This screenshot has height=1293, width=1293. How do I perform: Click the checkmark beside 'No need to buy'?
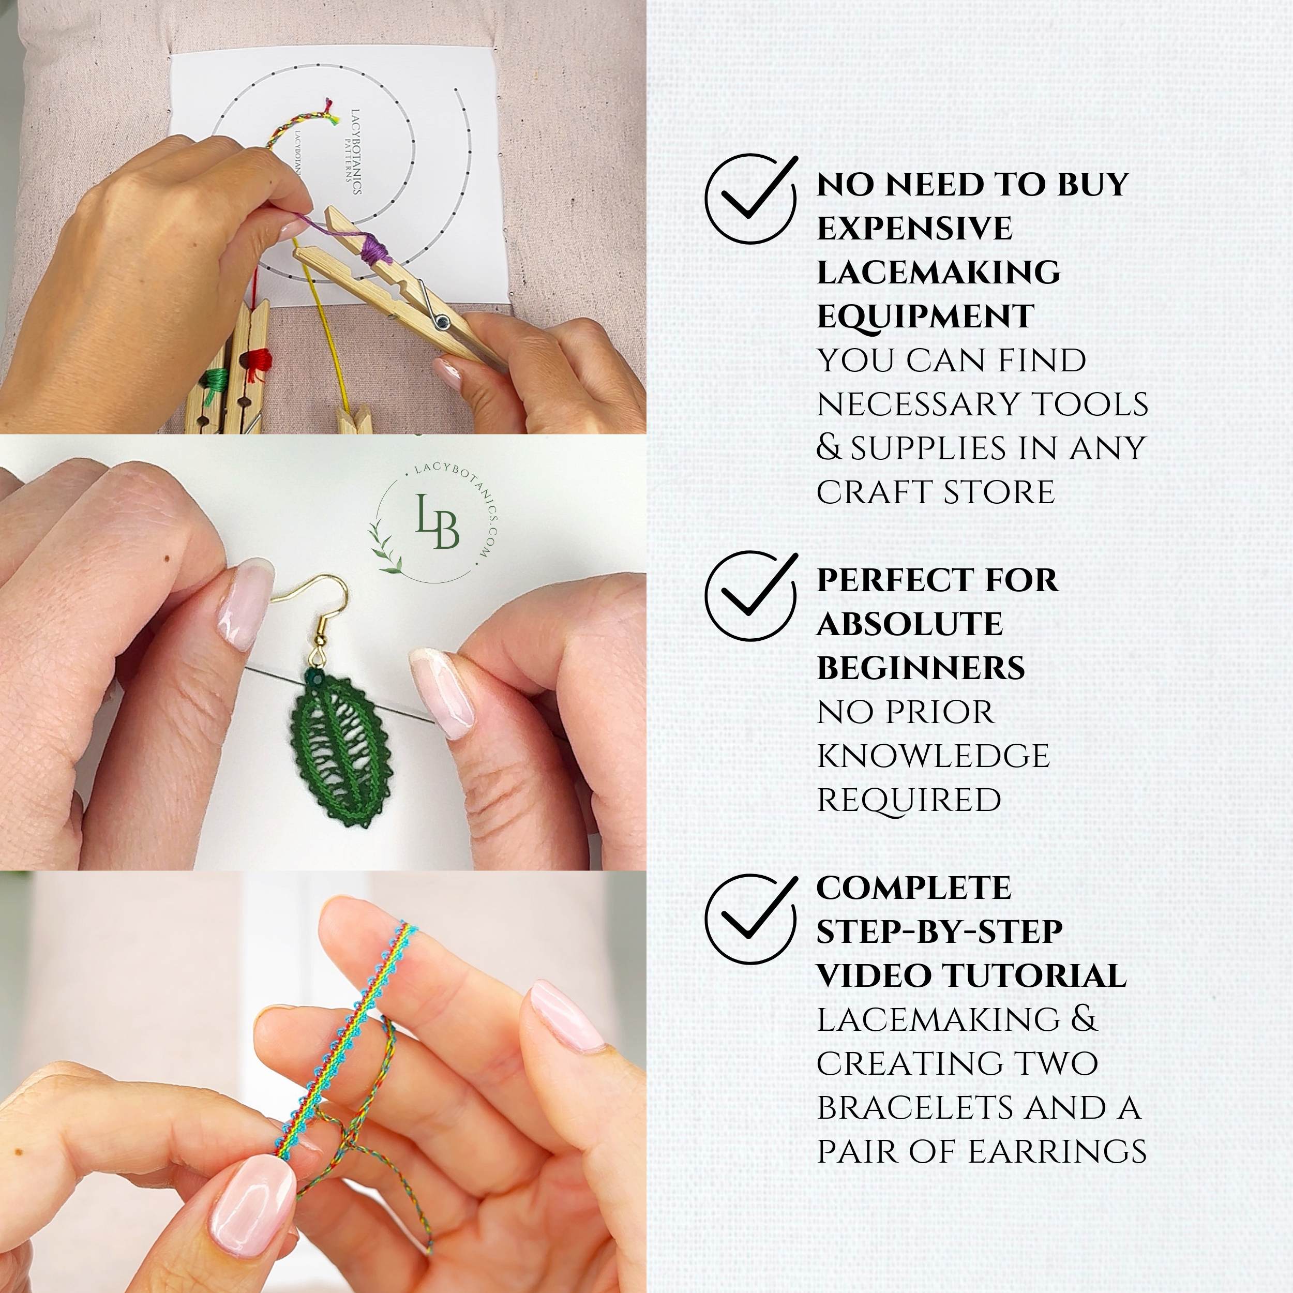click(751, 198)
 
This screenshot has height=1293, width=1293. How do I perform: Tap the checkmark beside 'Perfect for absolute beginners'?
click(751, 594)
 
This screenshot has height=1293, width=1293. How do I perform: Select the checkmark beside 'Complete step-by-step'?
click(751, 918)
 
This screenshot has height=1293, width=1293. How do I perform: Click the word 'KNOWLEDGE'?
click(933, 756)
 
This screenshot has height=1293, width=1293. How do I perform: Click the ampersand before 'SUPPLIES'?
click(829, 448)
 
